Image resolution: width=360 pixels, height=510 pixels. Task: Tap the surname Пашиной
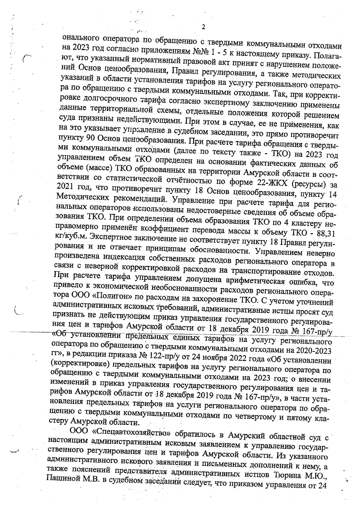tap(62, 485)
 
